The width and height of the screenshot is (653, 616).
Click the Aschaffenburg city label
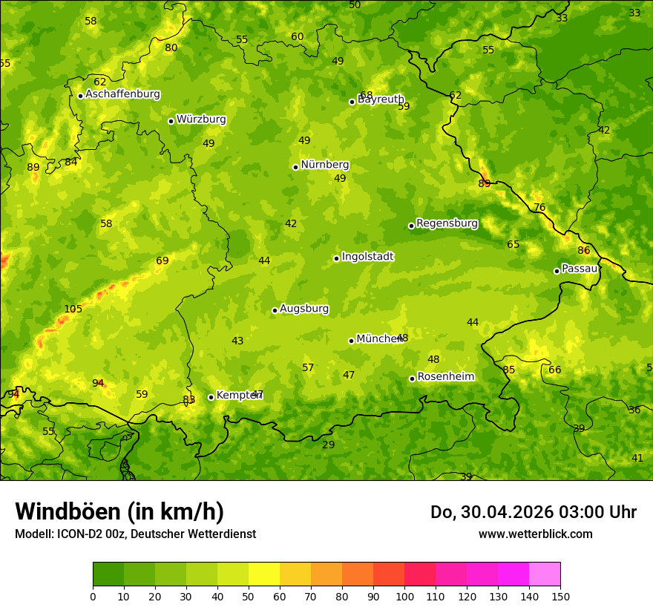122,94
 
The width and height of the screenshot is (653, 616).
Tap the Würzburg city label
201,119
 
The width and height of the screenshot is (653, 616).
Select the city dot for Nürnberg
295,167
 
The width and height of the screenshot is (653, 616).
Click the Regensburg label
447,223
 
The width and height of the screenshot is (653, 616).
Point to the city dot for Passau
557,271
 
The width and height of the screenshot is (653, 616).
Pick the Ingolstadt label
367,257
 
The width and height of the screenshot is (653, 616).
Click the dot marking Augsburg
275,310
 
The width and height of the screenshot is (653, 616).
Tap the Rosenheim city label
445,377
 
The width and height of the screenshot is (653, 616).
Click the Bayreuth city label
381,99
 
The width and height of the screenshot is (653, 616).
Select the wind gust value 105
73,309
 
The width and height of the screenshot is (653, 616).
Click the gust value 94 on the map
98,383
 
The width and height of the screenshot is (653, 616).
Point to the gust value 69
162,261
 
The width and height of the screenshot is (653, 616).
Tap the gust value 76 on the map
539,207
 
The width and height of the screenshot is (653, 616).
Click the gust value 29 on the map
328,445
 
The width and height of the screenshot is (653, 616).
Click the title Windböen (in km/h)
119,511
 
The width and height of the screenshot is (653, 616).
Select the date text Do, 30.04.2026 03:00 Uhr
533,512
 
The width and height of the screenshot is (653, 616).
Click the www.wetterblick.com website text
535,534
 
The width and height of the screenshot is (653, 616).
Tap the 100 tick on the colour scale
404,596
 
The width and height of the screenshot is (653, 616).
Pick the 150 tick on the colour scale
560,596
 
